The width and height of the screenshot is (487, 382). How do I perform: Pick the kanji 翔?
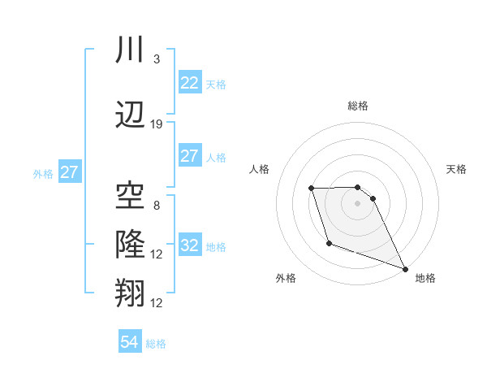[131, 293]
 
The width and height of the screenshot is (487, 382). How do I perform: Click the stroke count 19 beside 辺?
[157, 124]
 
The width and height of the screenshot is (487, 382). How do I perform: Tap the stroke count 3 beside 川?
[156, 59]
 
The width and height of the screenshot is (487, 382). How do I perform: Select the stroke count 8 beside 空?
[156, 206]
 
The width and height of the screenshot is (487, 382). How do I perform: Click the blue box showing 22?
[189, 83]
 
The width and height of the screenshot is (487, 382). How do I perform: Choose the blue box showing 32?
[189, 245]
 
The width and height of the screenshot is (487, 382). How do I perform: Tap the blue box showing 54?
[129, 342]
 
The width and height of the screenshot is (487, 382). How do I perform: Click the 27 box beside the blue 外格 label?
[70, 172]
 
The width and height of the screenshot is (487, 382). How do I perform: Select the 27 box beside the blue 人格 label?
[189, 156]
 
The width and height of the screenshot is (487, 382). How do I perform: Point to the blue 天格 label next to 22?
[216, 84]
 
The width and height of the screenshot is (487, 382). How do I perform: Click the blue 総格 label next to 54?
[156, 344]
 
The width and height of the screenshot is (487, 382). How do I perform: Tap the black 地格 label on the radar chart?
[425, 279]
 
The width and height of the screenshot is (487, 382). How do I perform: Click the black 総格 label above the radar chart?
[358, 106]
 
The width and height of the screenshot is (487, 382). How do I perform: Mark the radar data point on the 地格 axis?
[405, 269]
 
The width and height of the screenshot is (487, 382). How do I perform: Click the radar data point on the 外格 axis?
[328, 243]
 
